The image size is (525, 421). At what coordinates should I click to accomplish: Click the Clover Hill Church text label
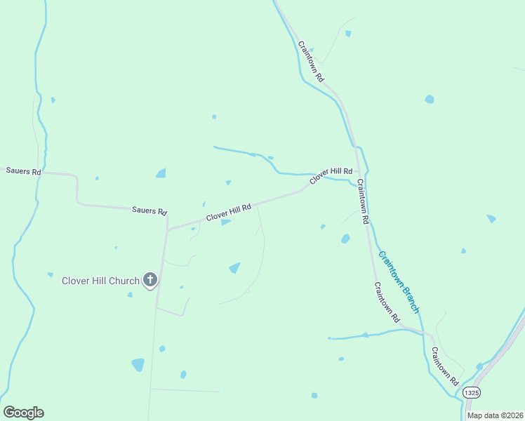tap(100, 281)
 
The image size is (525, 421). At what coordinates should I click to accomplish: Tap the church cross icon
tap(149, 280)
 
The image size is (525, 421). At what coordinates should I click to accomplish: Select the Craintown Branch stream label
tap(399, 281)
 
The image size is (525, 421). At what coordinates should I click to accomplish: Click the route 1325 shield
tap(472, 394)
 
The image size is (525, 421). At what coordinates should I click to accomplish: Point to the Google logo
tap(23, 413)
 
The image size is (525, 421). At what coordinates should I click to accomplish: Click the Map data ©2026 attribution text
tap(495, 415)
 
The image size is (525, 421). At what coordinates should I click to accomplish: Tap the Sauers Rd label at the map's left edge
tap(24, 171)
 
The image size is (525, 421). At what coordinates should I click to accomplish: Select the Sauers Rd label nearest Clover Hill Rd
tap(149, 210)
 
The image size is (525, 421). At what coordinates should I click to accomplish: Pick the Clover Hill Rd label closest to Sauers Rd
tap(228, 213)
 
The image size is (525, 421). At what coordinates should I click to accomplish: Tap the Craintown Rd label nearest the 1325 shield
tap(444, 366)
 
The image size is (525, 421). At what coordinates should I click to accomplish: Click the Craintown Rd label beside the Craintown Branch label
tap(387, 302)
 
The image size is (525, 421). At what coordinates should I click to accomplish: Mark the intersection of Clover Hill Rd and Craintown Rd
tap(358, 171)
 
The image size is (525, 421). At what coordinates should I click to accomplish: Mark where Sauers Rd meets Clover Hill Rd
tap(168, 229)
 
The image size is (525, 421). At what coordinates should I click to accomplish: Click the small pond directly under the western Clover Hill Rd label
tap(225, 222)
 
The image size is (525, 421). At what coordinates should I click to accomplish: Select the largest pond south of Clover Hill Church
tap(138, 365)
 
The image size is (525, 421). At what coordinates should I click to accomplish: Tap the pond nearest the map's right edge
tap(491, 218)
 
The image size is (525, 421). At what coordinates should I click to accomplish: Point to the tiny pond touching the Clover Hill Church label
tap(130, 295)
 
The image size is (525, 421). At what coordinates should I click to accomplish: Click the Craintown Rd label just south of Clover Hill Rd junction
tap(362, 201)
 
